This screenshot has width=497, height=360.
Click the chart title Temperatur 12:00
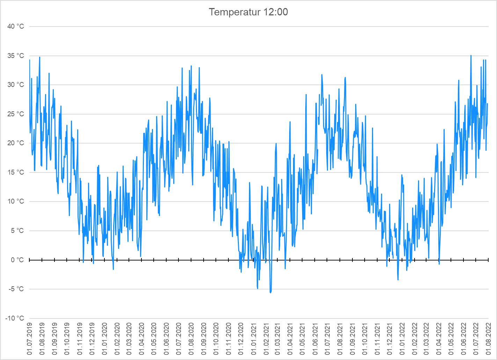[x=248, y=12]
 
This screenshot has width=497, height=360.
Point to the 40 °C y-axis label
[x=16, y=27]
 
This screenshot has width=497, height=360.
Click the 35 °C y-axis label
[x=16, y=56]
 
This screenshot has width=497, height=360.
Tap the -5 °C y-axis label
[x=16, y=289]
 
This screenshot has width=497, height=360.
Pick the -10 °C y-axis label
[x=15, y=318]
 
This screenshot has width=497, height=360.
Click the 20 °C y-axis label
[x=16, y=143]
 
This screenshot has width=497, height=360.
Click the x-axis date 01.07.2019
[x=29, y=339]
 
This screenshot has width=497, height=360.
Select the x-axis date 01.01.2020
[x=104, y=339]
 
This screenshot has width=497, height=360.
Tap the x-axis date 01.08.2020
[x=191, y=339]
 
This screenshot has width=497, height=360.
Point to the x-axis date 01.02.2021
[x=265, y=339]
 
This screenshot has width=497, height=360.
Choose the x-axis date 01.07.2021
[x=327, y=339]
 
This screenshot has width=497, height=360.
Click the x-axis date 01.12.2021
[x=389, y=339]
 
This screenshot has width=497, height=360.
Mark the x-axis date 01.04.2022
[x=439, y=339]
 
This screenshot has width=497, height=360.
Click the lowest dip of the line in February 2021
[x=270, y=292]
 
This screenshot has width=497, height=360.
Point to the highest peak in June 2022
[x=471, y=56]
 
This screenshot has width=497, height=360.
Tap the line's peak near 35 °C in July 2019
[x=39, y=57]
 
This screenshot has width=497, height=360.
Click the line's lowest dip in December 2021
[x=398, y=279]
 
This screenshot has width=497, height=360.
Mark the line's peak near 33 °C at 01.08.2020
[x=191, y=66]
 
